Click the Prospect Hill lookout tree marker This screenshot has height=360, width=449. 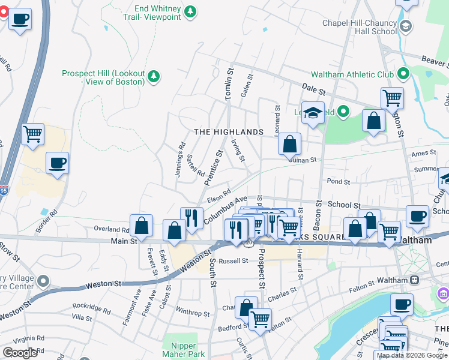[x=154, y=75]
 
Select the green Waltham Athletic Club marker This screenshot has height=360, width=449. [x=402, y=74]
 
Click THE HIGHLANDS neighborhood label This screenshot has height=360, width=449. [x=228, y=132]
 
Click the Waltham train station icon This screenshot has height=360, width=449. [x=414, y=280]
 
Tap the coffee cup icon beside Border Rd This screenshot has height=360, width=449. [x=57, y=163]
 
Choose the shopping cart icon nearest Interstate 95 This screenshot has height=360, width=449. [x=32, y=134]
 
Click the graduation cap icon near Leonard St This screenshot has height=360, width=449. [x=312, y=113]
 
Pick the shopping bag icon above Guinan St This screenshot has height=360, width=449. [x=289, y=144]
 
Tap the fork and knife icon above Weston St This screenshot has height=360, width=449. [x=191, y=218]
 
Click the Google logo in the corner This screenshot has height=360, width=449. [x=20, y=352]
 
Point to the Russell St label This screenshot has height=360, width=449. [x=233, y=261]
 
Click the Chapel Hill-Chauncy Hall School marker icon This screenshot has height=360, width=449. [x=406, y=26]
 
